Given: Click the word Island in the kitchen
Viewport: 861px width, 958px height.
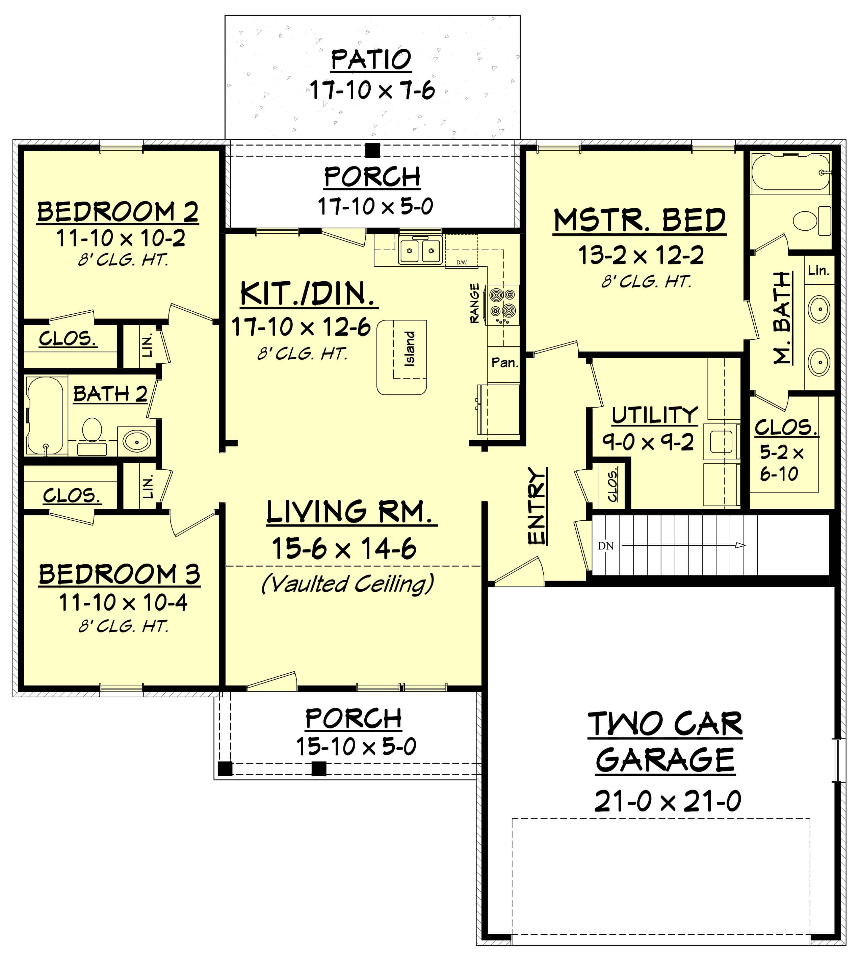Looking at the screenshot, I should [x=410, y=349].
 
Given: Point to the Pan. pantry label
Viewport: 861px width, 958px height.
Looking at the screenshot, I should [x=504, y=363].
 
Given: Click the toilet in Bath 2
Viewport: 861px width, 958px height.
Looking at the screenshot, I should [x=92, y=431].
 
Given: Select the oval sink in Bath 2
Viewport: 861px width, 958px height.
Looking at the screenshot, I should [x=137, y=441].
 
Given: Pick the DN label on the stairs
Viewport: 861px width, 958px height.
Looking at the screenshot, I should [x=605, y=546].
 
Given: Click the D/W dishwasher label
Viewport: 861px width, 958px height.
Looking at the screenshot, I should [x=461, y=262].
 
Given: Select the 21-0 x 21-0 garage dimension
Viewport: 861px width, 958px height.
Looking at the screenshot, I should [x=667, y=801].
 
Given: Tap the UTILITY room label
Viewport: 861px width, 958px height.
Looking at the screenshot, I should [x=654, y=415].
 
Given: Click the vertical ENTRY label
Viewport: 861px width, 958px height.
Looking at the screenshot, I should [x=537, y=506].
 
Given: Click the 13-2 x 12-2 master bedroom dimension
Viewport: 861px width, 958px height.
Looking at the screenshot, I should [x=641, y=256].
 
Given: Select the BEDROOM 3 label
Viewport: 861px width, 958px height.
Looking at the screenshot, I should [x=119, y=574].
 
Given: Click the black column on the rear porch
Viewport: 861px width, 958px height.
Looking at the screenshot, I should [x=373, y=151].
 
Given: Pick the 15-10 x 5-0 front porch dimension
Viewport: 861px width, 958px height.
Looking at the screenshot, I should [x=356, y=747].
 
